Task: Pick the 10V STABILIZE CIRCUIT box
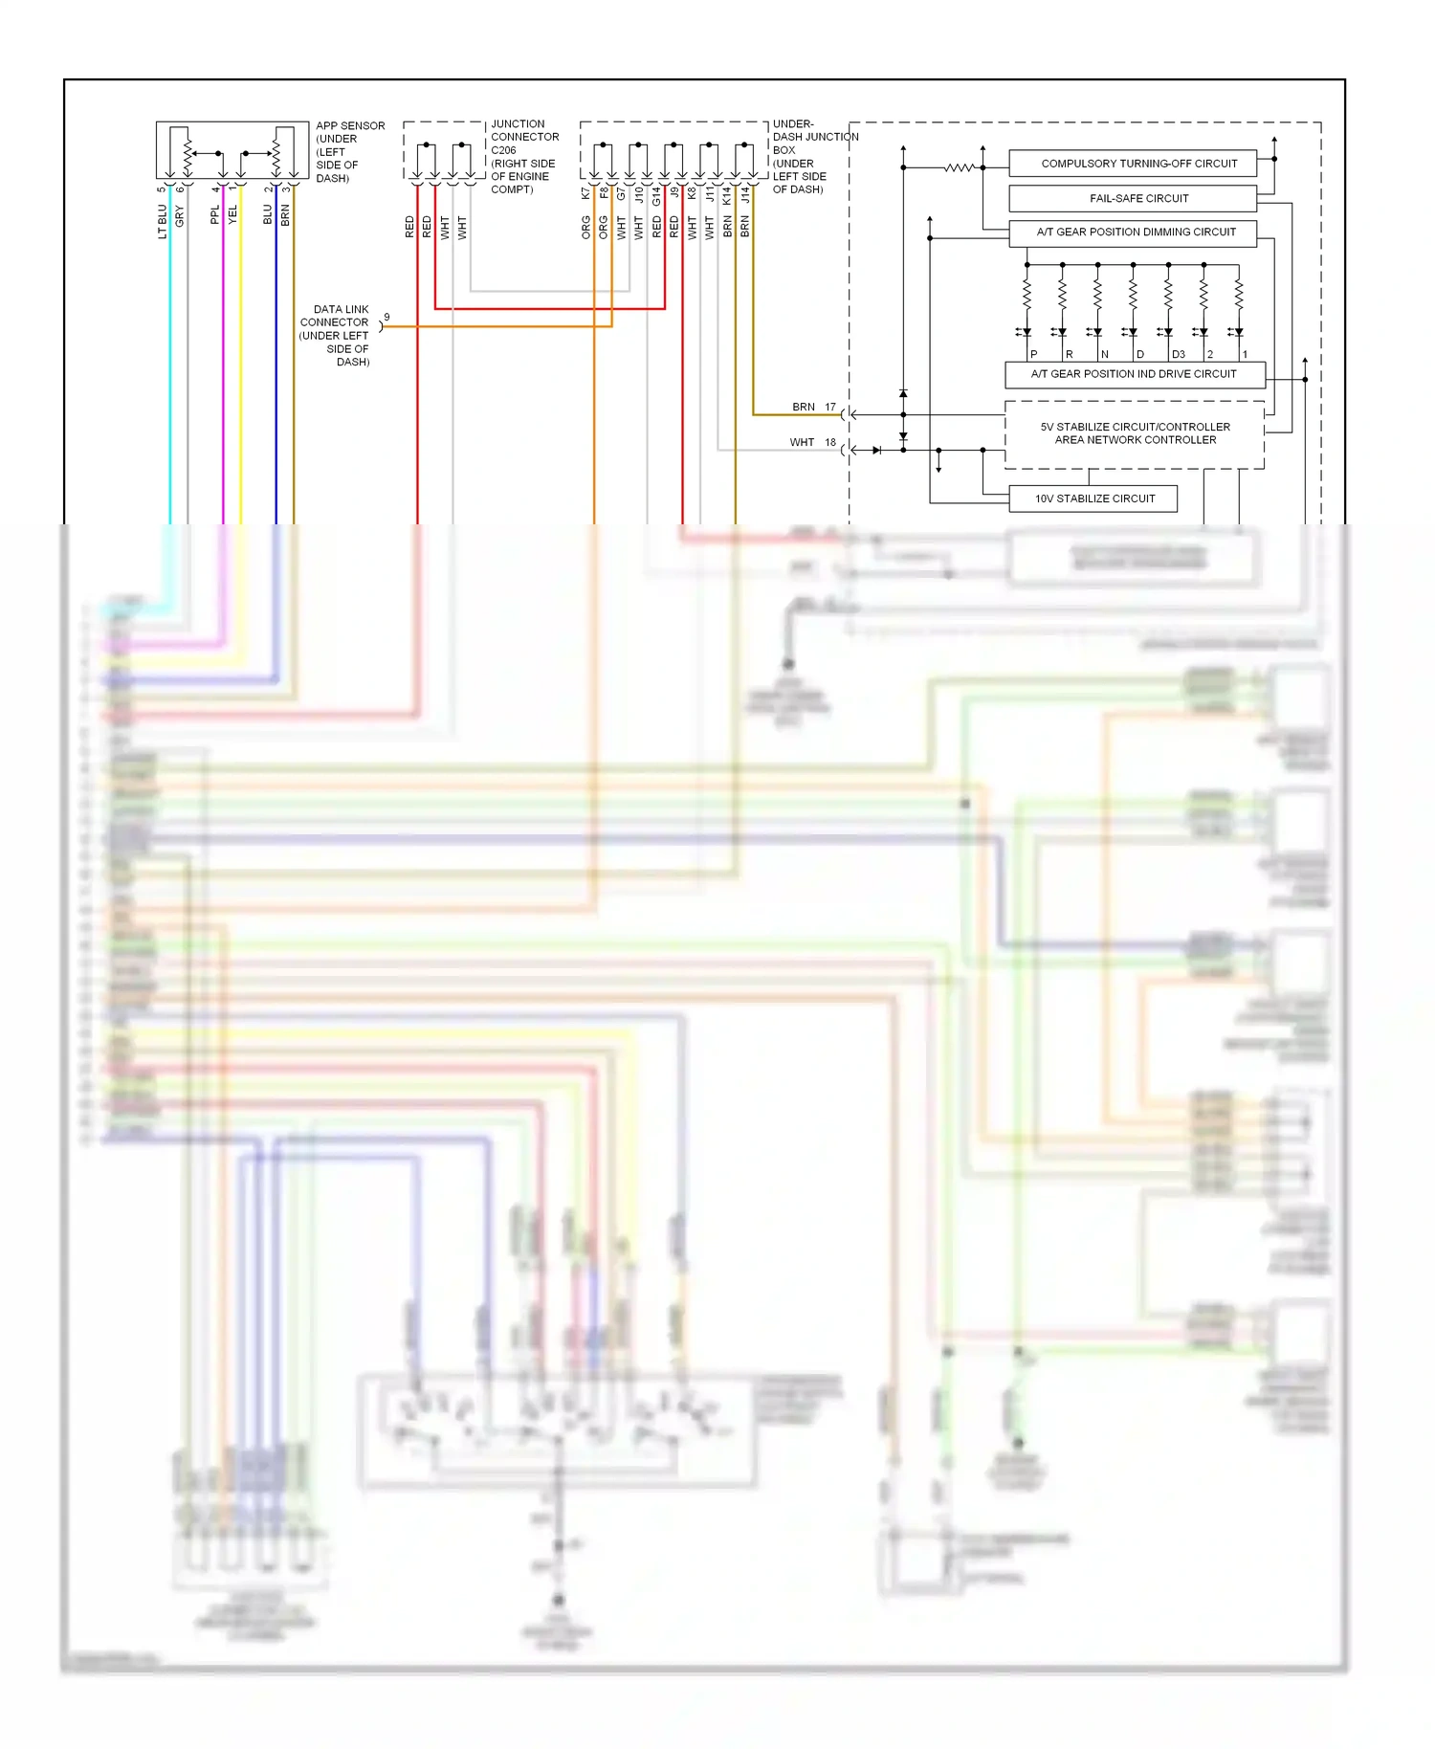[1093, 498]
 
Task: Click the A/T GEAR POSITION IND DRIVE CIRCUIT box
[1135, 374]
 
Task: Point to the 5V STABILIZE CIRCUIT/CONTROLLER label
[1135, 427]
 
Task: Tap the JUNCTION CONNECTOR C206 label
[523, 156]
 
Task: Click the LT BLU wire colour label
[163, 221]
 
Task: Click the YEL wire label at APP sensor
[232, 215]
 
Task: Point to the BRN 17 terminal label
[814, 407]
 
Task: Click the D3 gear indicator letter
[1179, 354]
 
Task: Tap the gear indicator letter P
[1034, 354]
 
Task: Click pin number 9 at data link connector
[386, 317]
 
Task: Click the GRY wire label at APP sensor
[180, 216]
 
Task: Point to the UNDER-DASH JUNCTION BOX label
[813, 156]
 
